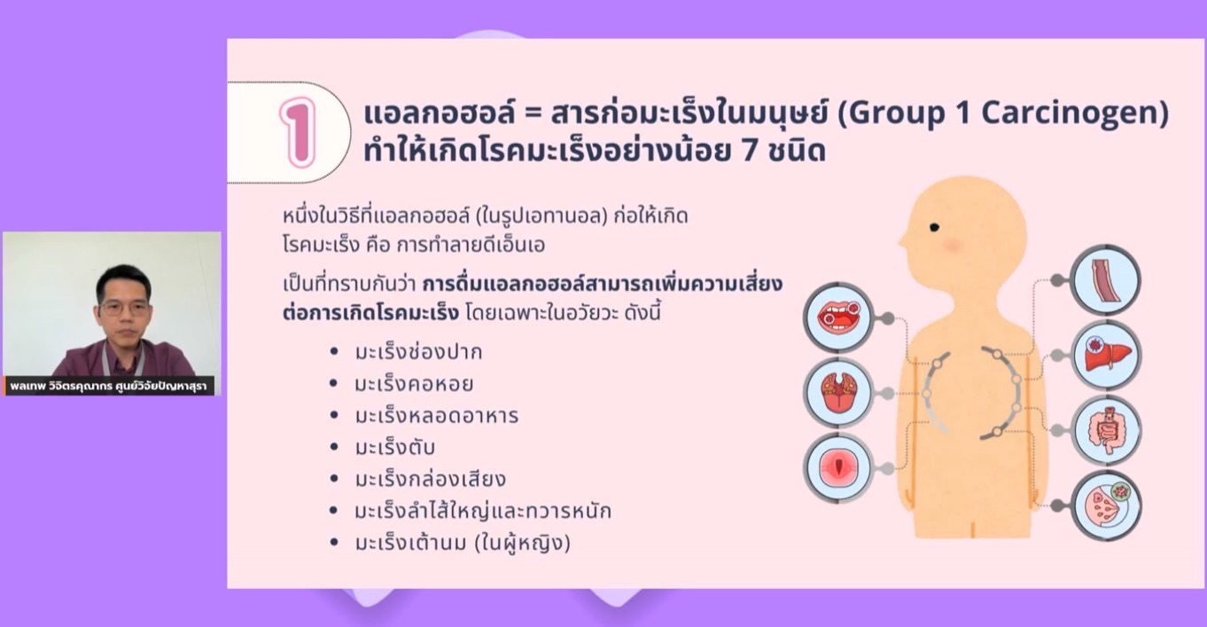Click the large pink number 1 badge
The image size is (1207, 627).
pos(298,132)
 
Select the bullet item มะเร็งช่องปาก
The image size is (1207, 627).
pos(418,352)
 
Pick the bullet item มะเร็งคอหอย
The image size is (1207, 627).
pos(414,384)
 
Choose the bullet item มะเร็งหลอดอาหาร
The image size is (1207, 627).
pos(437,416)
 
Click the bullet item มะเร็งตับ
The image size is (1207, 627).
pos(394,448)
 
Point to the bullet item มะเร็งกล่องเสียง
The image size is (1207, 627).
pos(430,479)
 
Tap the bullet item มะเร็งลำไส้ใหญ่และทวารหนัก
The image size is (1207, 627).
pos(483,510)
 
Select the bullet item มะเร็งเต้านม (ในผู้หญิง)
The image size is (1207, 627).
pos(463,543)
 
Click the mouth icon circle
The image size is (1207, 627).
pos(837,317)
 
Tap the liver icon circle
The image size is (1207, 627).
pos(1106,356)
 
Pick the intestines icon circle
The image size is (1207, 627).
pos(1106,430)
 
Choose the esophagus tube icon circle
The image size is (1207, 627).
pos(1106,280)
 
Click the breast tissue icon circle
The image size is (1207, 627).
pos(1106,506)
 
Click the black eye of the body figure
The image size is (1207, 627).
pos(934,228)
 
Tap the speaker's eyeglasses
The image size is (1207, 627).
pos(125,309)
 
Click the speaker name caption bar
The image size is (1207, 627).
pos(110,386)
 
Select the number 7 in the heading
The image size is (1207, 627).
pos(751,152)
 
